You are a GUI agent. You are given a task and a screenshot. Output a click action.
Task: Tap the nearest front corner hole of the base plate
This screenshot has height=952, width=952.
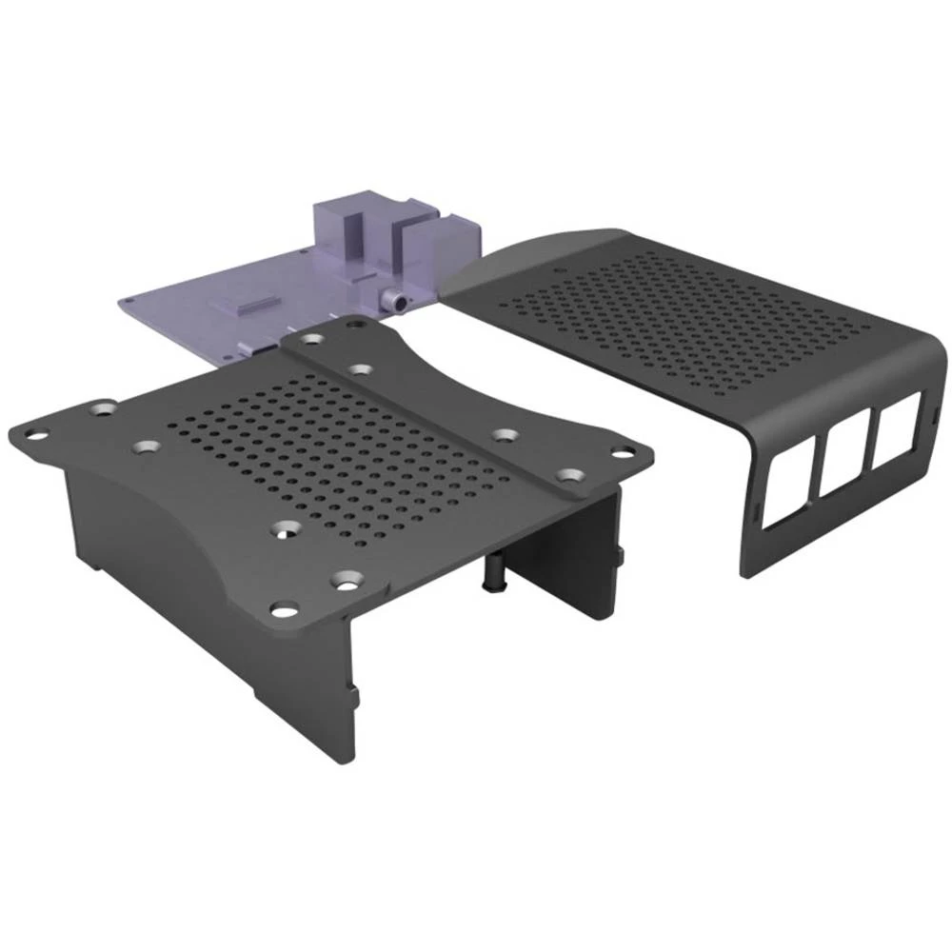pyautogui.click(x=283, y=607)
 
